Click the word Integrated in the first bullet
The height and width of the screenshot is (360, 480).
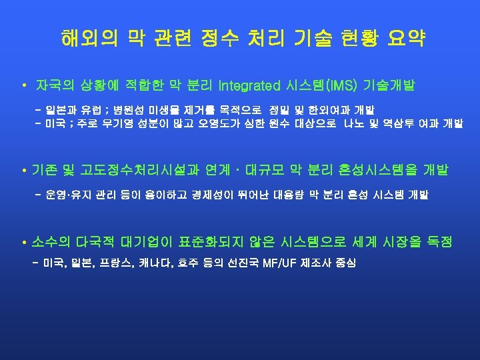[x=247, y=86]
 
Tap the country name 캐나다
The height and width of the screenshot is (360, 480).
[x=155, y=263]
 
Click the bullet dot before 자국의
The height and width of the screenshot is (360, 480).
[x=23, y=87]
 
